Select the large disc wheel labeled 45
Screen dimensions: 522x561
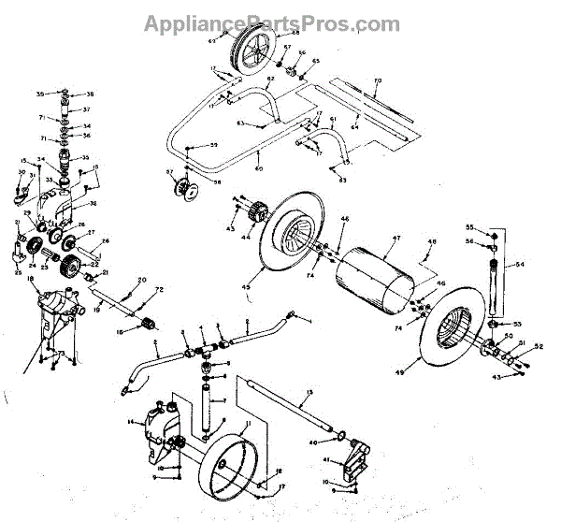pyautogui.click(x=284, y=239)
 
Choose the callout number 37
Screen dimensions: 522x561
pyautogui.click(x=85, y=109)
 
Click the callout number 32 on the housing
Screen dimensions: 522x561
pyautogui.click(x=93, y=202)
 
